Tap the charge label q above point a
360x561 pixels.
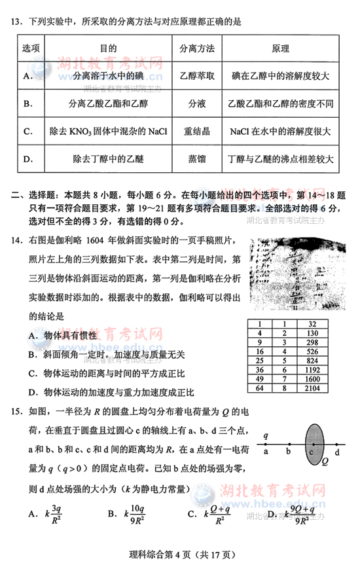[x=266, y=435]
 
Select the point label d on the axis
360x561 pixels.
[x=337, y=452]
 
